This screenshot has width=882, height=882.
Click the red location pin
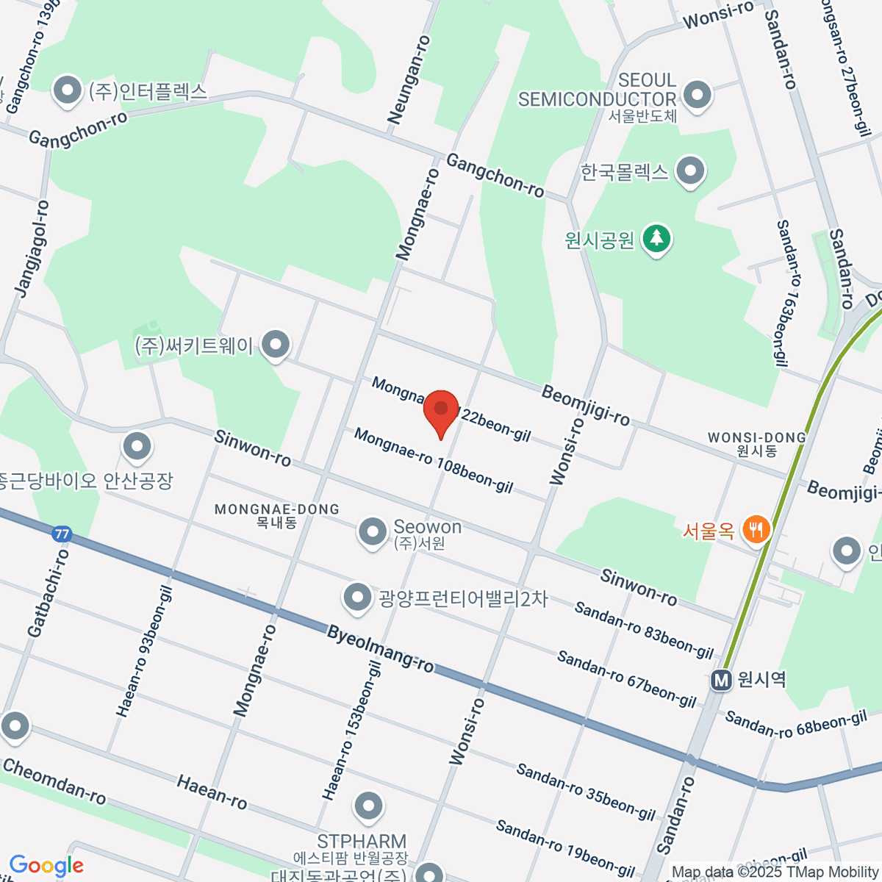coord(441,412)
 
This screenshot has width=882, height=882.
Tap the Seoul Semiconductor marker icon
coord(697,95)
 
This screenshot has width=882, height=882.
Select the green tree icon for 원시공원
coord(656,239)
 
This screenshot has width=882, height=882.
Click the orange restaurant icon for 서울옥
coord(756,529)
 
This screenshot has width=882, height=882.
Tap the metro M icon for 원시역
coord(721,681)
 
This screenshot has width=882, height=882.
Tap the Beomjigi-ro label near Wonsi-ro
coord(586,405)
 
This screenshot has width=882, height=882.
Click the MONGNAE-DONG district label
coord(277,509)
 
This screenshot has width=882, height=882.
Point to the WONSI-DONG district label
coord(757,438)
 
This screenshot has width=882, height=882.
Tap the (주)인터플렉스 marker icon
coord(68,92)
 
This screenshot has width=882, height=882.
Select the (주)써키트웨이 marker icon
coord(276,344)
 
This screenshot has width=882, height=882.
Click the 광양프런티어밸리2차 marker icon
coord(358,598)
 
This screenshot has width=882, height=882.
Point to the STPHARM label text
coord(362,842)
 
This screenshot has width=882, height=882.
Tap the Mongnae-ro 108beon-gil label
coord(434,461)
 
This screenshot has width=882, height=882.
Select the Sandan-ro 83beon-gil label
coord(644,631)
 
